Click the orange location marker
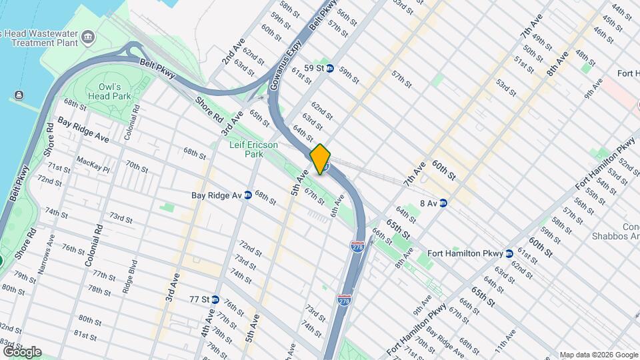(321, 159)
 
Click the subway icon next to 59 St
(329, 68)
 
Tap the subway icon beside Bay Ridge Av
(247, 195)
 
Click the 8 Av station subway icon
(443, 203)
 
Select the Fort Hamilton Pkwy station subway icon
(509, 253)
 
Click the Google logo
(22, 351)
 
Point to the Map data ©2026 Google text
(598, 355)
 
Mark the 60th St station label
(443, 170)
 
